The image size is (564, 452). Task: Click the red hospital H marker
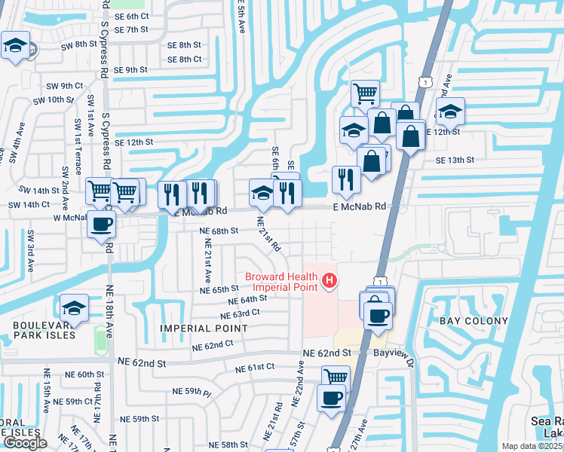(329, 281)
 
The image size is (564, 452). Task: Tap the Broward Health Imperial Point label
(280, 281)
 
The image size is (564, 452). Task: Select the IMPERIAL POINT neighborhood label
(204, 328)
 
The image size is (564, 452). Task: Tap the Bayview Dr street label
(395, 352)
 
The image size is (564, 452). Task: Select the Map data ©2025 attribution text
(531, 446)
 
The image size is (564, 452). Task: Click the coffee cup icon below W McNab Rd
(101, 224)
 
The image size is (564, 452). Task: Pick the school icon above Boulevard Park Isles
(74, 307)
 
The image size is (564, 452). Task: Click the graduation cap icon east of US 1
(450, 111)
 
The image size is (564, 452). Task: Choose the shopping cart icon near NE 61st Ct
(336, 377)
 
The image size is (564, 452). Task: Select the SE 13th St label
(455, 160)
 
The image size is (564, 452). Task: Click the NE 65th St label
(219, 289)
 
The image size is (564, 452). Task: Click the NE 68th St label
(219, 231)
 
